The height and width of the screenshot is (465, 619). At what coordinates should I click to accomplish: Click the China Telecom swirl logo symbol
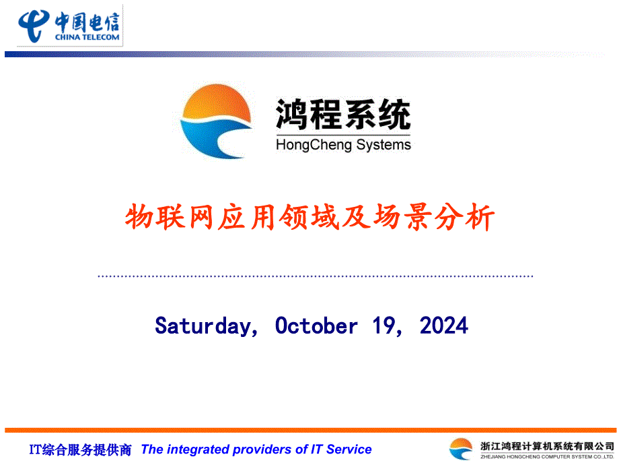34,26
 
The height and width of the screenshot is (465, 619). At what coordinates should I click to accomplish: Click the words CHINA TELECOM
87,37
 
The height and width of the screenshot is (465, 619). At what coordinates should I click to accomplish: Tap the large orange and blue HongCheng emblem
216,121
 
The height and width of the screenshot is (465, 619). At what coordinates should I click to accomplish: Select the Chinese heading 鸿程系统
343,115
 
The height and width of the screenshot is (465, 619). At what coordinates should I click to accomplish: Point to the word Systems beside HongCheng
384,145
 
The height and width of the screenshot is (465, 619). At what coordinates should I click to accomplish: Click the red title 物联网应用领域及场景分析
309,217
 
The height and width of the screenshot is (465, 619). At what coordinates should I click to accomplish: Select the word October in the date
316,325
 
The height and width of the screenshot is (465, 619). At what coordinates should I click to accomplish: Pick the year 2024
443,325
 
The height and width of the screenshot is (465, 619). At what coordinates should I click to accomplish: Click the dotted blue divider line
316,276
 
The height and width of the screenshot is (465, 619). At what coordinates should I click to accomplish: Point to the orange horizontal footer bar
310,430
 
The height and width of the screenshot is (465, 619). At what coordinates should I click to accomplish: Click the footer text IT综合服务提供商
80,449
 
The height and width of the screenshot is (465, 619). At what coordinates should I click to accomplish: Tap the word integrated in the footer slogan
198,449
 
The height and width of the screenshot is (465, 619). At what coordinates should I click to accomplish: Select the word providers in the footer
262,449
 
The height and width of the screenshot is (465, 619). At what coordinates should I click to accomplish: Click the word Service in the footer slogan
349,449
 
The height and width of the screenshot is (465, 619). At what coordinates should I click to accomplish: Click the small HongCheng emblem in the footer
461,449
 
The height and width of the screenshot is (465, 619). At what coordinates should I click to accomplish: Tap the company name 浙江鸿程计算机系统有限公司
547,446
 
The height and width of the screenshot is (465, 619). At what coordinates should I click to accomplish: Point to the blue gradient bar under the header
304,54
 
